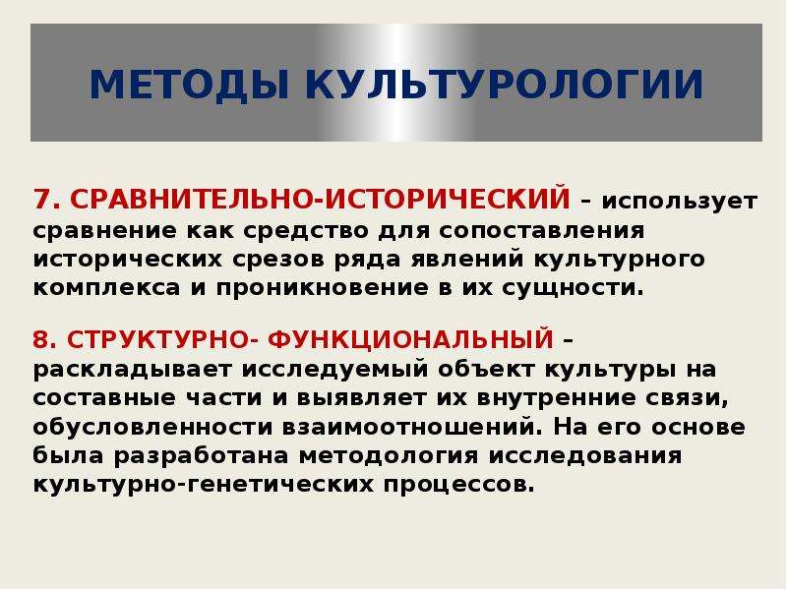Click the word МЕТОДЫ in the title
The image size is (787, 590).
tap(189, 84)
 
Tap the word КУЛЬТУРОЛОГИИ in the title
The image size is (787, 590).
tap(504, 84)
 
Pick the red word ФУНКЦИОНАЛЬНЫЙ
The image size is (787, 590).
tap(410, 339)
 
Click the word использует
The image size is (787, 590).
tap(680, 202)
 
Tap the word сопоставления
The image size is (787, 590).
tap(542, 231)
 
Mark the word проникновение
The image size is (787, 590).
tap(323, 289)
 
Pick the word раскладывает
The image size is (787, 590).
tap(133, 371)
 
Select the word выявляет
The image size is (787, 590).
tap(361, 399)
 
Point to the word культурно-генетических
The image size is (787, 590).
tap(204, 485)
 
